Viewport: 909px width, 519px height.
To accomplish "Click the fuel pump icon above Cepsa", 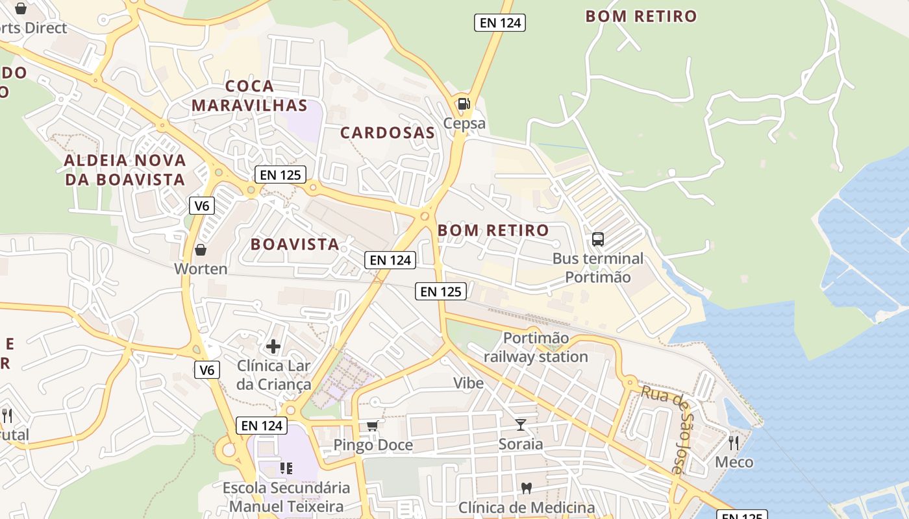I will tap(464, 104).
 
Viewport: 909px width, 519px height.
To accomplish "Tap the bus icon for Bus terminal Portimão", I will tap(598, 239).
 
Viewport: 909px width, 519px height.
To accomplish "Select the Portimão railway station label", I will tap(536, 348).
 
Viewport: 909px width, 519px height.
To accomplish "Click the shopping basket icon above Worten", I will tap(201, 250).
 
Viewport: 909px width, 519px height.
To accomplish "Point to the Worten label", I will tap(201, 269).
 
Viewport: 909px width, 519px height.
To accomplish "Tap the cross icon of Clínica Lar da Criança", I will tap(273, 346).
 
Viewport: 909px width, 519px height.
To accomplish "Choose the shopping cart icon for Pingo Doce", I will tap(372, 426).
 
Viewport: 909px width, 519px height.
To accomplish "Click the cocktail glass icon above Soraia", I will tap(521, 425).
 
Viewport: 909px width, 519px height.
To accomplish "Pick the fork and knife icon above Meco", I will tap(734, 443).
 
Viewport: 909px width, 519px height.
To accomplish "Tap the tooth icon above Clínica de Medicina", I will tap(527, 488).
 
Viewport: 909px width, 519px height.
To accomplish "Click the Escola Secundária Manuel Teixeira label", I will tap(286, 496).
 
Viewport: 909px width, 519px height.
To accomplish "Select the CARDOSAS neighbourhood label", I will tap(388, 133).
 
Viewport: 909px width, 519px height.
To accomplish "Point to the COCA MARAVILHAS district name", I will tap(249, 95).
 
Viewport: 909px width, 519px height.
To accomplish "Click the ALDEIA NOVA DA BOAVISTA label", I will tap(125, 169).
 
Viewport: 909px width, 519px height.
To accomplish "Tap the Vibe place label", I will tap(468, 383).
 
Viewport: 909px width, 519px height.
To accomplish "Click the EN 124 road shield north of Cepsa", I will tap(499, 23).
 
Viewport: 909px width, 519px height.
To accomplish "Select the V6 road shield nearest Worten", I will tap(202, 206).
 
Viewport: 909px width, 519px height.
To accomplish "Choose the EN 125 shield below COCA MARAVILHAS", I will tap(280, 175).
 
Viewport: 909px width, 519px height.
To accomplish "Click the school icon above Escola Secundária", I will tap(286, 468).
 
